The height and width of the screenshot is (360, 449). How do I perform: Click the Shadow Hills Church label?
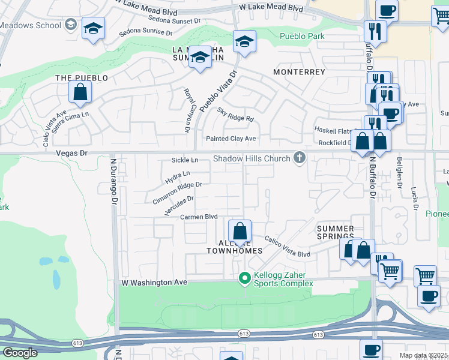tap(252, 159)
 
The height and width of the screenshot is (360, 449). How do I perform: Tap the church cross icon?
tap(299, 158)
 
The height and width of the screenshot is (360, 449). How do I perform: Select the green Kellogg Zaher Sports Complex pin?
tap(244, 278)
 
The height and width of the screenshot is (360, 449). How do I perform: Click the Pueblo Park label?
tap(302, 36)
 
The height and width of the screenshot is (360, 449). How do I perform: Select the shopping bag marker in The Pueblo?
tap(80, 93)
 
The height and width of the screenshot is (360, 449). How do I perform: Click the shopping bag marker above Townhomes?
tap(240, 232)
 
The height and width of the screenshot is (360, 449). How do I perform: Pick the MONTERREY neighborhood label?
tap(299, 72)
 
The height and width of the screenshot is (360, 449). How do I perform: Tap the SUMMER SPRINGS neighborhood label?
tap(336, 233)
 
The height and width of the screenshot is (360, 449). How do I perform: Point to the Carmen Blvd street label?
tap(199, 217)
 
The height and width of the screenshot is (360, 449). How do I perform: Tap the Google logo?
tap(20, 353)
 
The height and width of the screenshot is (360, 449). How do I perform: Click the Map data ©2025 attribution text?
tap(423, 355)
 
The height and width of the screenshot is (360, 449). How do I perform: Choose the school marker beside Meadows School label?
tap(92, 29)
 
